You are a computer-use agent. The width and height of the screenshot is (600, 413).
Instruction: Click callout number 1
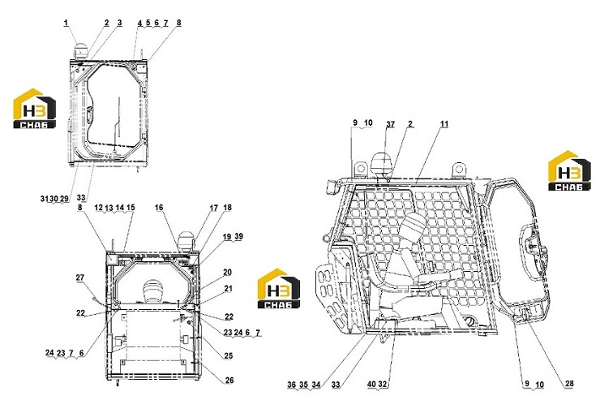(x=66, y=23)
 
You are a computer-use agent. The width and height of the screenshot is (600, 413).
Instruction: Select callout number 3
(x=120, y=23)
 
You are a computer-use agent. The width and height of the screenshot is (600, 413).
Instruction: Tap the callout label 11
(x=444, y=124)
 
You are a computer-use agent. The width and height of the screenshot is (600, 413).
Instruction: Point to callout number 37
(x=390, y=124)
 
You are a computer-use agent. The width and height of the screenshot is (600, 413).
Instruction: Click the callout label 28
(x=569, y=384)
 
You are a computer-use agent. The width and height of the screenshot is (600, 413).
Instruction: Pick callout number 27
(x=79, y=277)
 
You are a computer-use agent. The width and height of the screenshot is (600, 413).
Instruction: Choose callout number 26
(x=229, y=380)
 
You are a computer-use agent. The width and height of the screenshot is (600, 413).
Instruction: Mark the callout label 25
(x=228, y=356)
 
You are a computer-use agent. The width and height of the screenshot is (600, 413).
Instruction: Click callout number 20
(x=227, y=273)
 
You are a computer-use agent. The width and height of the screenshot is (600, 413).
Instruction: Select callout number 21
(x=228, y=289)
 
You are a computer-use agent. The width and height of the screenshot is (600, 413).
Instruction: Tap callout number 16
(x=159, y=208)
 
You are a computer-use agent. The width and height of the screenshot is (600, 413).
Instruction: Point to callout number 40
(x=371, y=385)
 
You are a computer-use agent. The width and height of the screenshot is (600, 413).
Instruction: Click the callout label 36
(x=292, y=385)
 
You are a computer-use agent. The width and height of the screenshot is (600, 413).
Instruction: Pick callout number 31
(x=44, y=199)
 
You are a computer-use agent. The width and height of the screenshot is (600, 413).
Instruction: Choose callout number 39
(x=238, y=237)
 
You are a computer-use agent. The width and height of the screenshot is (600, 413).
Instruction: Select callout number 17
(x=214, y=208)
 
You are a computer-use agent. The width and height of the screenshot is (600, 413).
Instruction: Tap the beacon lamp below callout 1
(x=81, y=50)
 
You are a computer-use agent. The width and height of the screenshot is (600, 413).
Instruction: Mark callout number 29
(x=64, y=199)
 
